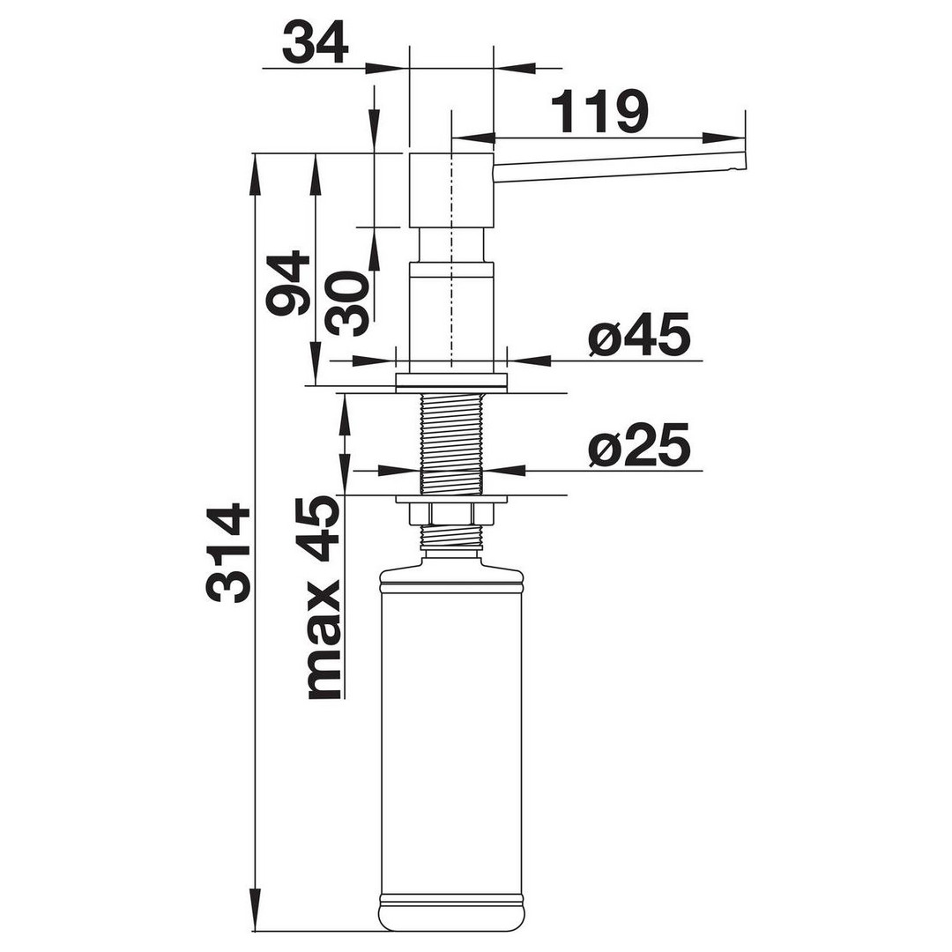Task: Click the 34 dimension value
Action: click(x=315, y=42)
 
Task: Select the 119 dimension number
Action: click(x=600, y=112)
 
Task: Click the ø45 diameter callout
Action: click(x=639, y=334)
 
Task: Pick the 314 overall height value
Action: click(x=228, y=552)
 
